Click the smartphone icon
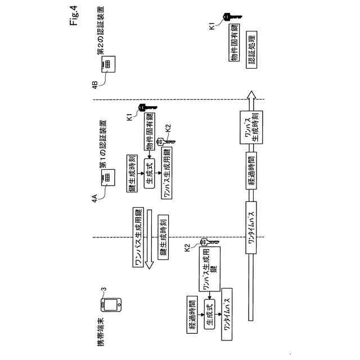110,304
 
